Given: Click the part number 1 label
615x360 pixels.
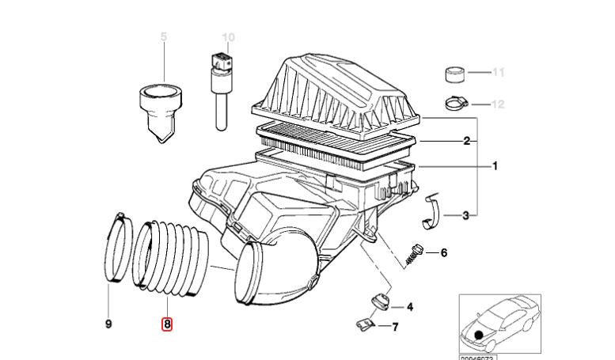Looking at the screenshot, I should pyautogui.click(x=495, y=166).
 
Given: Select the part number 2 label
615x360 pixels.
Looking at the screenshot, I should pyautogui.click(x=467, y=141).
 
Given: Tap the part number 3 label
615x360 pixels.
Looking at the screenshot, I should pyautogui.click(x=466, y=214).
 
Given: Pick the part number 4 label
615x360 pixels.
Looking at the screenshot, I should pyautogui.click(x=409, y=307).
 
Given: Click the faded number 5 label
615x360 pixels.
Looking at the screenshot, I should pyautogui.click(x=164, y=37).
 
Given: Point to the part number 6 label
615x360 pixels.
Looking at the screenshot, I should pyautogui.click(x=443, y=253).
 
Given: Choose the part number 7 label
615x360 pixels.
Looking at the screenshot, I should pyautogui.click(x=395, y=326).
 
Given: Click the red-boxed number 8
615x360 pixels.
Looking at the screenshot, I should pyautogui.click(x=167, y=324).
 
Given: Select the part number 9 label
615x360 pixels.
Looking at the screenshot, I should pyautogui.click(x=108, y=324).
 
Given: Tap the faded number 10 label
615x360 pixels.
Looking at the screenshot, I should pyautogui.click(x=228, y=37).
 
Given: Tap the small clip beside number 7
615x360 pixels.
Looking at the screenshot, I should pyautogui.click(x=364, y=323).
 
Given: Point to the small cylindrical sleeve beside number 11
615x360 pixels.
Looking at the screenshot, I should pyautogui.click(x=454, y=74).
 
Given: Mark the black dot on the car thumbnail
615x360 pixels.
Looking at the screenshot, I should pyautogui.click(x=480, y=335).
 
